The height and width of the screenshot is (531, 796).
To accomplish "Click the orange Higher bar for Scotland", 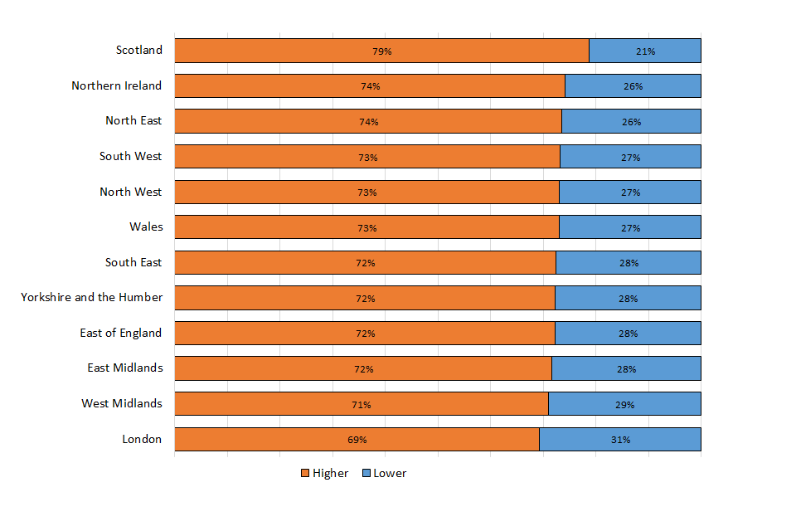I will coord(290,51).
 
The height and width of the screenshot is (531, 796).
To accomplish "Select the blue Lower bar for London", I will coord(663,440).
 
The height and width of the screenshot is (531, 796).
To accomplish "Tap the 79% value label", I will coord(381,51).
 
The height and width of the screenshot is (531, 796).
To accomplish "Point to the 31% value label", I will coord(620,440).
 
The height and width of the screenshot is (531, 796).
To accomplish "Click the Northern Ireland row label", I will coord(117,85).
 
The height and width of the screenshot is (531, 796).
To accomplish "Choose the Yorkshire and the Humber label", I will coord(92,297).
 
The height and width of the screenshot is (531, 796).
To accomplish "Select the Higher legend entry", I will coord(324,474).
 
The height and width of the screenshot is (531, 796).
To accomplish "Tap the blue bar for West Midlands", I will coord(663,404).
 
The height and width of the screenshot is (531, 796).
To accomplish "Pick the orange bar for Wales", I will coord(290,227).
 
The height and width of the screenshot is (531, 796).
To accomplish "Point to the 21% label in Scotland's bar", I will coord(645,51).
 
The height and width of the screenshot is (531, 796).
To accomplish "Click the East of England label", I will coord(121,333).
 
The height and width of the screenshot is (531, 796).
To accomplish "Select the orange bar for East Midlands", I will coord(290,368).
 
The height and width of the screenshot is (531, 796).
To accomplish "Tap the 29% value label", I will coord(624,405).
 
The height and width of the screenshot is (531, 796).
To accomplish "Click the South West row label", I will coord(131,156).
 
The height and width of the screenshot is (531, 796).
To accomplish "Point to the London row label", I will coord(142,439).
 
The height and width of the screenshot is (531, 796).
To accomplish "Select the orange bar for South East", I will coord(290,263).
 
